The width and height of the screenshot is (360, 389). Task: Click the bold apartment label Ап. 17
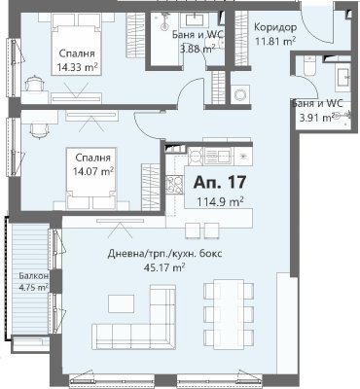point(220,182)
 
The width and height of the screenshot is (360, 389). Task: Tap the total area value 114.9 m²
point(221,201)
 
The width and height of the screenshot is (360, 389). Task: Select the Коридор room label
point(275,27)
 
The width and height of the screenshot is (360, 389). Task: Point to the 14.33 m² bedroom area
point(78,67)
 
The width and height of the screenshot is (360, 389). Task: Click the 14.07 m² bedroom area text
point(92,170)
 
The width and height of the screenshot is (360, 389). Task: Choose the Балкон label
point(33,276)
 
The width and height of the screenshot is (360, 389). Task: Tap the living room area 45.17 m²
point(164,267)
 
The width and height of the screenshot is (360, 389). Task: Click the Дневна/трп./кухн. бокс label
point(164,254)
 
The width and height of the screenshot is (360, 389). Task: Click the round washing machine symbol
point(240,94)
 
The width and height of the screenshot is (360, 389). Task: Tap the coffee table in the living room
point(121,303)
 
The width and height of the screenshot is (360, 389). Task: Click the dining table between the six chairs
point(229,314)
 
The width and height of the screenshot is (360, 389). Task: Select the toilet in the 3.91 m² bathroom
point(309,65)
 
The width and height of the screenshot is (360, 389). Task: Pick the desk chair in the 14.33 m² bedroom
point(34,84)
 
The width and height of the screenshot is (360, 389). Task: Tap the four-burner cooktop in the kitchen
point(174,184)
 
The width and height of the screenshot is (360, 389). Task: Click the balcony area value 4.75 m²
point(33,287)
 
